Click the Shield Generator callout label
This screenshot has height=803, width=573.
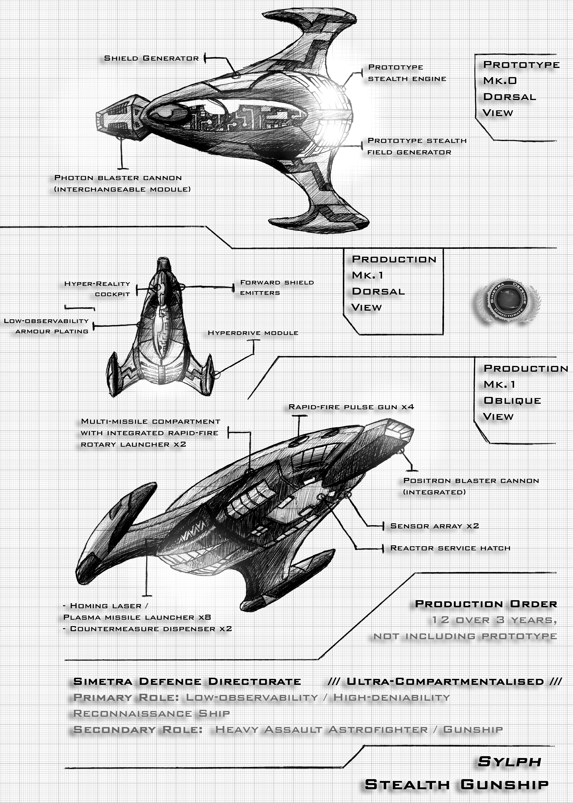pos(151,58)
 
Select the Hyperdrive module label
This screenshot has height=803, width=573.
pos(253,333)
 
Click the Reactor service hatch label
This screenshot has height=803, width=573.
pos(450,548)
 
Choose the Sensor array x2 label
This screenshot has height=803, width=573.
pos(434,526)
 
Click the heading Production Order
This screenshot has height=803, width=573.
pos(486,604)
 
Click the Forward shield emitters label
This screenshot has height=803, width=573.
pos(277,287)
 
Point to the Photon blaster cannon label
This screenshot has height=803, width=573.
pos(122,183)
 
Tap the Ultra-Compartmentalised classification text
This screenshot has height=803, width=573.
pos(445,682)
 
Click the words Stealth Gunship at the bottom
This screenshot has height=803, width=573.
pos(457,785)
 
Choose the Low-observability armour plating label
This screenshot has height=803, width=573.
pos(46,326)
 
